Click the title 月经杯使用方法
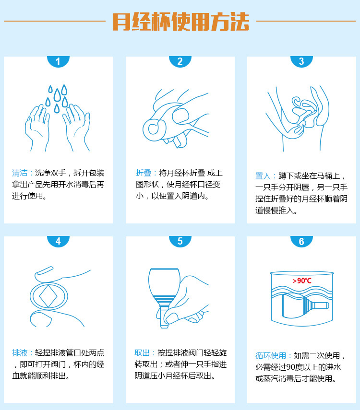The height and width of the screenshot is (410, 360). point(180,21)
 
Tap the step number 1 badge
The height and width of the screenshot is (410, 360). point(58,61)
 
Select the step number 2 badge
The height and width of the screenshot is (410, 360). point(180,61)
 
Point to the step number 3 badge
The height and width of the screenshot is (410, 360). point(301,61)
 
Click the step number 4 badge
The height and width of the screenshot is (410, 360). point(58,241)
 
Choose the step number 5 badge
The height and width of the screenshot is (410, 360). point(180,241)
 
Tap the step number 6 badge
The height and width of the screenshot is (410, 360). point(301,241)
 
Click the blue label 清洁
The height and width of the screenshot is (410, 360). point(21,173)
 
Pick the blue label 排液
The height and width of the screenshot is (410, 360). point(21,352)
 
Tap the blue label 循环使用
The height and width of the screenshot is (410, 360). point(272,356)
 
